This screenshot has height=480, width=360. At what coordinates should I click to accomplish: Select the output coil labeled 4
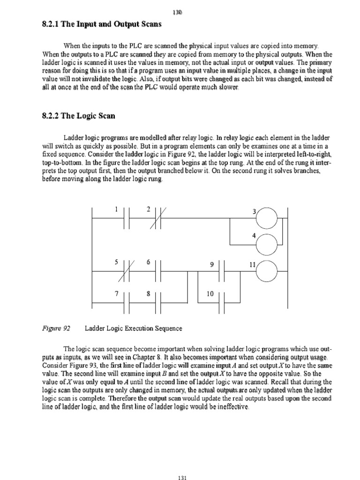click(269, 243)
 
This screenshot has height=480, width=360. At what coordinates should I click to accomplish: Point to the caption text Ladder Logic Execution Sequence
click(133, 329)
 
